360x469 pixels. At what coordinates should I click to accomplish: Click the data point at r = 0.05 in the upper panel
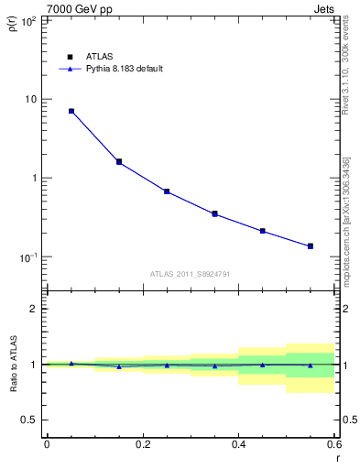71,111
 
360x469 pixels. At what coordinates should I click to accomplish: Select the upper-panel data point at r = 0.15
119,162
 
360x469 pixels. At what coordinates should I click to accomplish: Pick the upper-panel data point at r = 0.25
167,191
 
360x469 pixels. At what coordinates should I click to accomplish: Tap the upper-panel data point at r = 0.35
214,213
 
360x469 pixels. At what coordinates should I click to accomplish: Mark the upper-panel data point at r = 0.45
263,231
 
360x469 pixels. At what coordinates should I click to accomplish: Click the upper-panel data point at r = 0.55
311,245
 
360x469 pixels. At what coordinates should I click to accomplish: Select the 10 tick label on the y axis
29,99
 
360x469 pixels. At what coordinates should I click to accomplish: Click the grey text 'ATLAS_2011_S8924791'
191,273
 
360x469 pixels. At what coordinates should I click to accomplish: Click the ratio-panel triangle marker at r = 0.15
119,366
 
